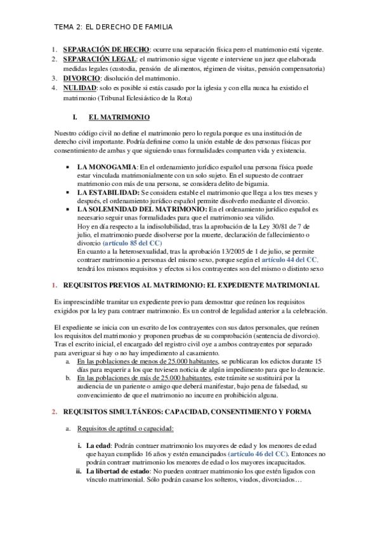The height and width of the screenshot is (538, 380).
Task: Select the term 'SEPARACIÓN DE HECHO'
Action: click(x=105, y=49)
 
